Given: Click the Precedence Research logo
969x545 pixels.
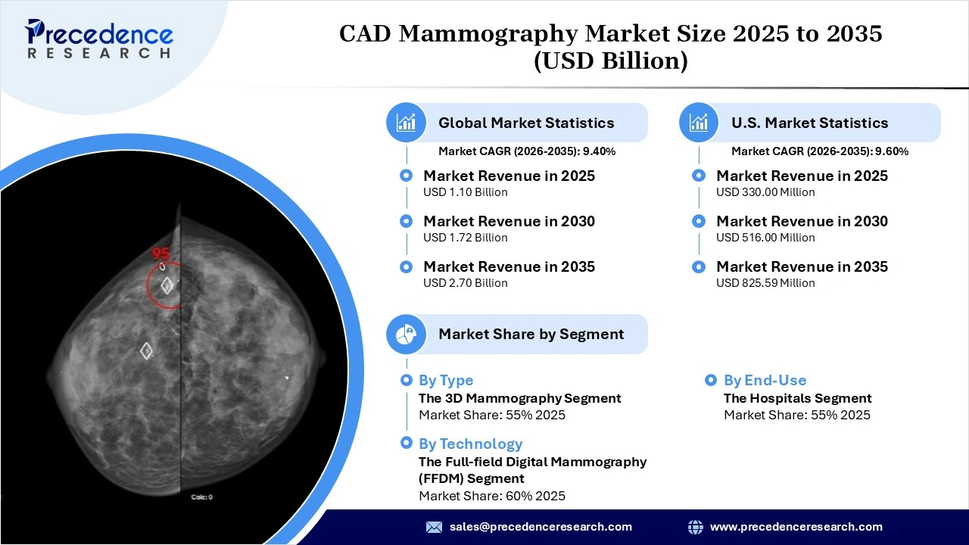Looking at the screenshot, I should pyautogui.click(x=99, y=39).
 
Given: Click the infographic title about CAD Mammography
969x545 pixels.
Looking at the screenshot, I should pyautogui.click(x=610, y=46).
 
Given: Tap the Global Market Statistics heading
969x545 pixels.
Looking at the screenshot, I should pyautogui.click(x=526, y=123).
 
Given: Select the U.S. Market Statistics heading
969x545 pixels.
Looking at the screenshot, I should pyautogui.click(x=809, y=123).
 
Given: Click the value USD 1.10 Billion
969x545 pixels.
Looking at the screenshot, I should pyautogui.click(x=465, y=192).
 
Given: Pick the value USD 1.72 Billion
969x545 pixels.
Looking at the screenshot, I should pyautogui.click(x=465, y=238).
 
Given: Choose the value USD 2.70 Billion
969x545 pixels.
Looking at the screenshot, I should pyautogui.click(x=465, y=283).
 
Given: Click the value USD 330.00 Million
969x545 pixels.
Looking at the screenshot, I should pyautogui.click(x=765, y=192).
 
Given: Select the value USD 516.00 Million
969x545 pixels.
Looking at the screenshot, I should pyautogui.click(x=765, y=238).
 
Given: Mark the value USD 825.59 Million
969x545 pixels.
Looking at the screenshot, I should pyautogui.click(x=765, y=283).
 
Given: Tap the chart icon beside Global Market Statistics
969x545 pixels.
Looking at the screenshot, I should pyautogui.click(x=407, y=123).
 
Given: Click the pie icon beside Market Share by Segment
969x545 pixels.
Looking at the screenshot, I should pyautogui.click(x=407, y=334).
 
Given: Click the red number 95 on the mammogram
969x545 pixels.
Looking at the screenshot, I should pyautogui.click(x=160, y=254).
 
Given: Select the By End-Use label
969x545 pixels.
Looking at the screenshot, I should pyautogui.click(x=765, y=381).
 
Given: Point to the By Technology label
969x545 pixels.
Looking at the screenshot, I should pyautogui.click(x=470, y=444).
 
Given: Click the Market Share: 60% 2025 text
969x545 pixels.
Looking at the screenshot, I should pyautogui.click(x=492, y=496).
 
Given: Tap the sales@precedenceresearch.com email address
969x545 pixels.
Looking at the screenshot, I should pyautogui.click(x=541, y=527).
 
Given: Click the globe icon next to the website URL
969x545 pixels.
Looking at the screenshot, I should pyautogui.click(x=695, y=527).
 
